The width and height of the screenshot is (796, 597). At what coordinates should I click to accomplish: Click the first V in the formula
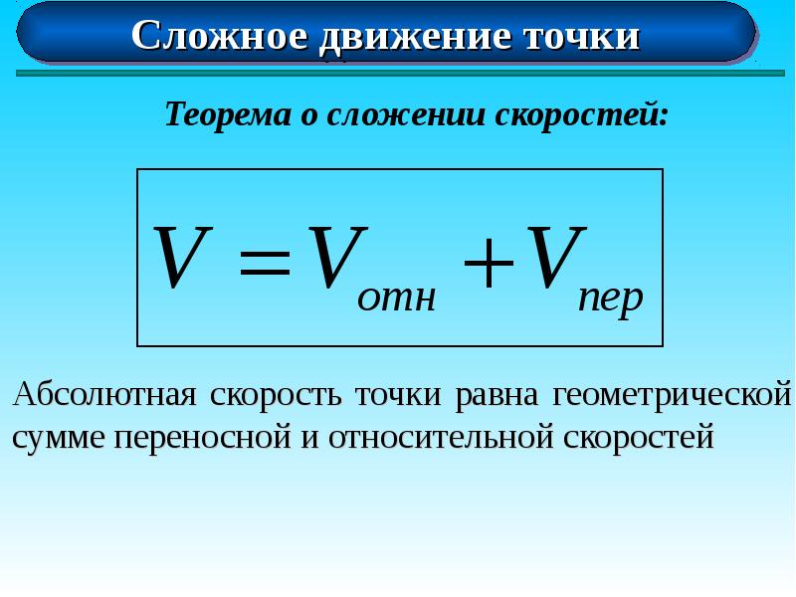pos(182,259)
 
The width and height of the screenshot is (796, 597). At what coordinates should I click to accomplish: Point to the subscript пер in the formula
pos(611,299)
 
